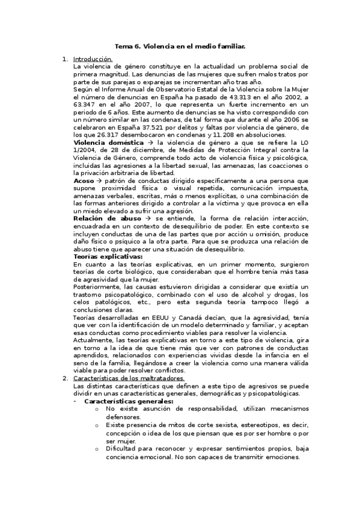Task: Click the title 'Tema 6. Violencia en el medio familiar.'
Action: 180,46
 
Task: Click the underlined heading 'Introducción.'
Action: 93,60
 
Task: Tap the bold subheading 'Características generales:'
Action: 129,401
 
